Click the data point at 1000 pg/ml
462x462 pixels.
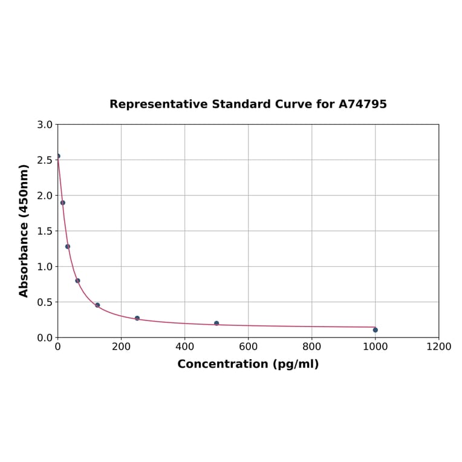375,330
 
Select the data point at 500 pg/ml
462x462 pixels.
216,324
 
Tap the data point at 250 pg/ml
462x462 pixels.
137,318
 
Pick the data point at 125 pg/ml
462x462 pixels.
97,305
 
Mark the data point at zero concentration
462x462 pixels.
58,156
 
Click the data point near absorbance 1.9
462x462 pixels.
63,203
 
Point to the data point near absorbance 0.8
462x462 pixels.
77,281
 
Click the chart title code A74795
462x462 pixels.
362,104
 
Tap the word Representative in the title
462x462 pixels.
158,104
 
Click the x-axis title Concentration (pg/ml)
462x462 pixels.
248,364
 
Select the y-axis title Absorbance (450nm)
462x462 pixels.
24,230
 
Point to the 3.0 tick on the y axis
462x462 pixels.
45,125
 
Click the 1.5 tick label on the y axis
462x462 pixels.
45,231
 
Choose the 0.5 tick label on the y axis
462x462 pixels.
45,302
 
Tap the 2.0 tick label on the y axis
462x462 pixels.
45,195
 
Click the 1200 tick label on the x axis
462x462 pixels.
438,346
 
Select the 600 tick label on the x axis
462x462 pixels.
248,346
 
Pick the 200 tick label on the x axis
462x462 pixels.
121,346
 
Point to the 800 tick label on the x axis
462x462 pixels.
311,346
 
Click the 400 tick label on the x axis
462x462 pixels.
184,346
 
